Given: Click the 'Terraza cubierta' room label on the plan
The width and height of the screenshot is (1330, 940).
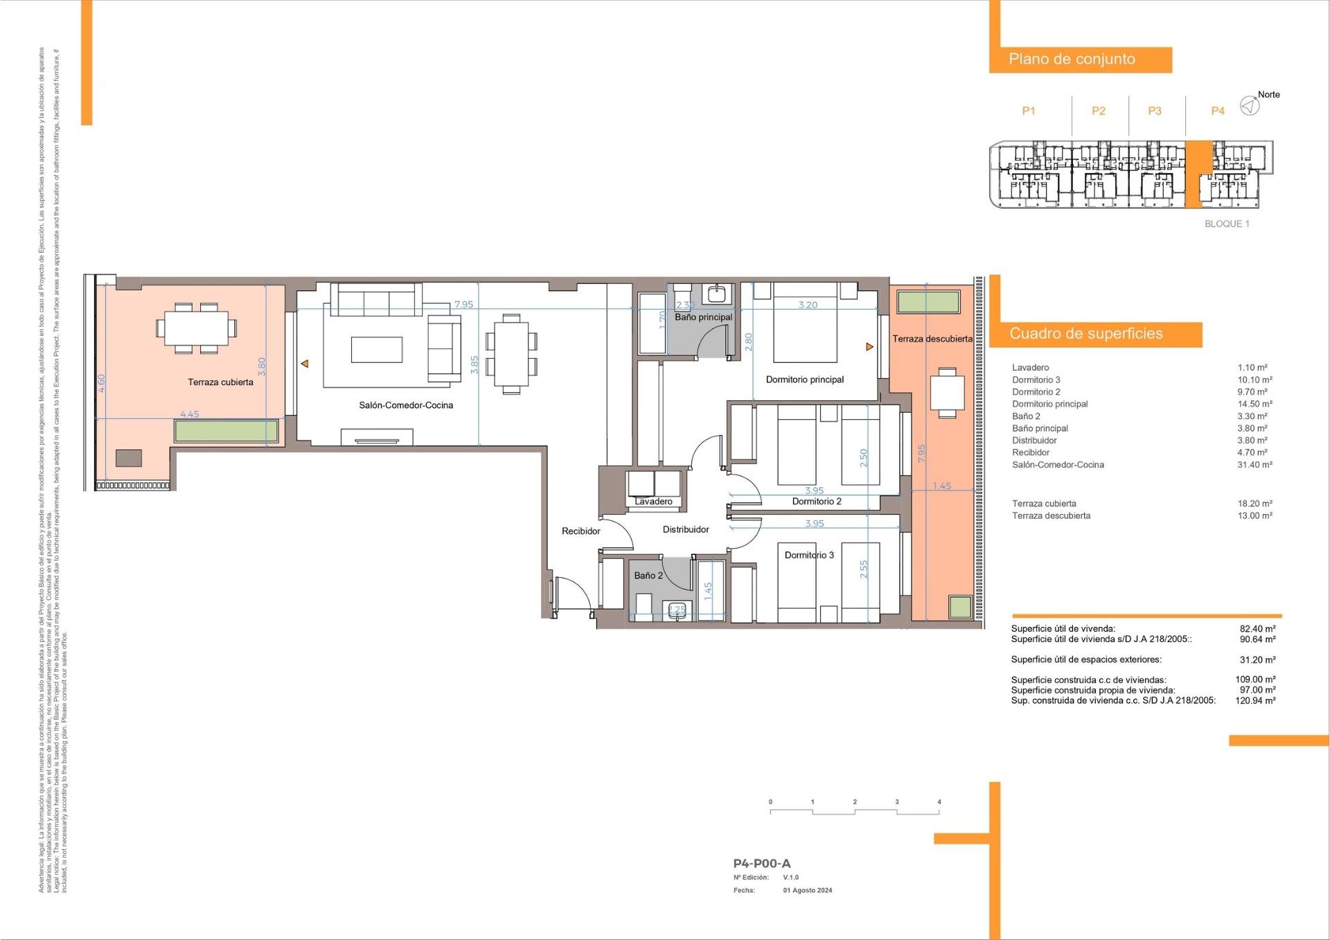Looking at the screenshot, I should coord(220,382).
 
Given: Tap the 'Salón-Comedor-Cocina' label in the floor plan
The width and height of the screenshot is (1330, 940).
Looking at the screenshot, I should coord(406,405).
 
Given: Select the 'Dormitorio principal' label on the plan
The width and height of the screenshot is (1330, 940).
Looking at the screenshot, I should coord(804,380).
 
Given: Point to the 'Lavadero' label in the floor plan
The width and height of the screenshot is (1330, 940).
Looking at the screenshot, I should coord(653,502).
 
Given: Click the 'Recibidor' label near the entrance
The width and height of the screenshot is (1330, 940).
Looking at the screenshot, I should coord(580,531).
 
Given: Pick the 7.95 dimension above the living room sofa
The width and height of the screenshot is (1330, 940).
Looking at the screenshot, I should coord(463,305).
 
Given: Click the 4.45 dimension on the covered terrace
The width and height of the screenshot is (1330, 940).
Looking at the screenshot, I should coord(189,414).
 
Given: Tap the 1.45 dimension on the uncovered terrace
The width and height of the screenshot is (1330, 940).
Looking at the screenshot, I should coord(941,486).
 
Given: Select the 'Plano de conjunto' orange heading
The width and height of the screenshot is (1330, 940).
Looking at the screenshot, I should coord(1072,60).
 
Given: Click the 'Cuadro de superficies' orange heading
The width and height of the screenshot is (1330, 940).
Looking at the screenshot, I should coord(1085,334).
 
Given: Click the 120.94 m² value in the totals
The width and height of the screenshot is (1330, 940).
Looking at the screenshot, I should coord(1255,700).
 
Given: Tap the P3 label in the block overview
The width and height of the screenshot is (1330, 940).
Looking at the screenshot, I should coord(1154,111).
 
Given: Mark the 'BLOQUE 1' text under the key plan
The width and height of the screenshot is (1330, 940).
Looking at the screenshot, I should coord(1227,224).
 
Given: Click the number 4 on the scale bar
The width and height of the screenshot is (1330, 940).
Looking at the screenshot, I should coord(939,802).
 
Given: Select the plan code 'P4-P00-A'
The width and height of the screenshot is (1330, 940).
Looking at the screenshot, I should coord(761,863).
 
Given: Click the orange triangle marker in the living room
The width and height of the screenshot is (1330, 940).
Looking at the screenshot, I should coord(304,364).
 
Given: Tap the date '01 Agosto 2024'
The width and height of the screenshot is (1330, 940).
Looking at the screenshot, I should coord(807,891).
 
